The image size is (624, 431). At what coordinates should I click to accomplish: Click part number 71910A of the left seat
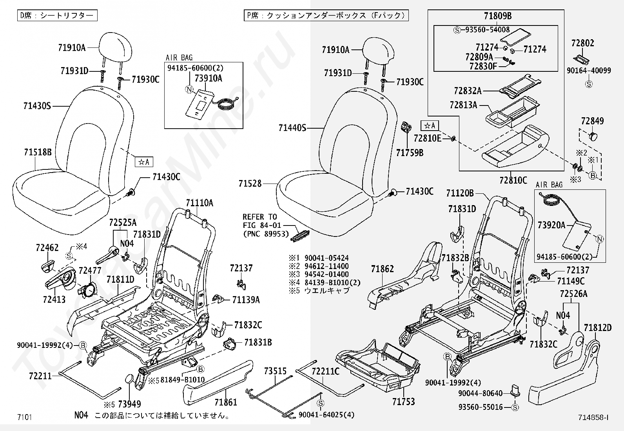coord(72,48)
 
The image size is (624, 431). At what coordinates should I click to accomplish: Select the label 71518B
coord(38,152)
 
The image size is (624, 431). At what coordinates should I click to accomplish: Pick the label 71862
coord(383,269)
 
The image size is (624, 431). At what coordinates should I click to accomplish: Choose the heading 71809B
coord(497,16)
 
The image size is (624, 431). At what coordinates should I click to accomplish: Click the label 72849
coord(592,121)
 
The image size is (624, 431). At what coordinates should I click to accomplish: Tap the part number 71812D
coord(598,327)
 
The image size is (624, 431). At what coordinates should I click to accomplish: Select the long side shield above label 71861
coord(218,376)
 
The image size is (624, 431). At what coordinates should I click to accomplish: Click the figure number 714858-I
coord(593,418)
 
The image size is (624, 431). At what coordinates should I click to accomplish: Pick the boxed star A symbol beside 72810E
coord(430,125)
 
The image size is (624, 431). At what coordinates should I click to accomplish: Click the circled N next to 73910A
coord(189,89)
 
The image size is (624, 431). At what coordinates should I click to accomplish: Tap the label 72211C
coord(325,371)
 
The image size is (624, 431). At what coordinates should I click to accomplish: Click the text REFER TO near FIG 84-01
coord(259,217)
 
